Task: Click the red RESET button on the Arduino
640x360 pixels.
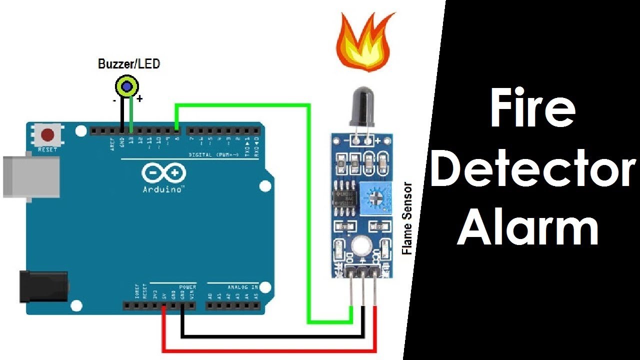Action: click(x=48, y=135)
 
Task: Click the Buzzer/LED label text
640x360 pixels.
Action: click(x=129, y=64)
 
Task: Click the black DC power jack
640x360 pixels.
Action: click(x=42, y=286)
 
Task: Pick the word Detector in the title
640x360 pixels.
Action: click(x=532, y=170)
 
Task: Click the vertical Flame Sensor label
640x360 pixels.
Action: click(x=407, y=218)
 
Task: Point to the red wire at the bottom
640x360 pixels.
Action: click(x=270, y=348)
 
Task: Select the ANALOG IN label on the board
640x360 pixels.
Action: click(x=243, y=287)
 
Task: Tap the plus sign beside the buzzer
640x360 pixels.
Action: click(x=139, y=99)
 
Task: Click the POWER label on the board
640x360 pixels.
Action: click(x=187, y=287)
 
